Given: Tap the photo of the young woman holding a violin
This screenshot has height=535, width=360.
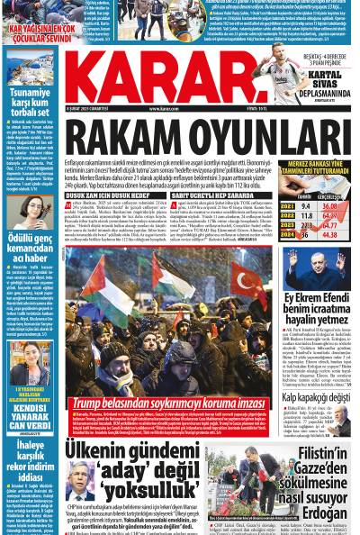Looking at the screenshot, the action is [x=30, y=210].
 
